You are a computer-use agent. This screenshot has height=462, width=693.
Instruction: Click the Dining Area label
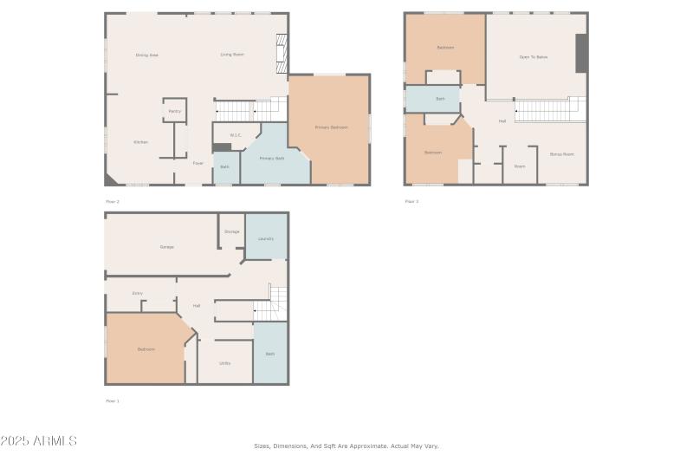[x=146, y=55]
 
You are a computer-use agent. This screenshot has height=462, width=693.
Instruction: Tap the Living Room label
[x=231, y=55]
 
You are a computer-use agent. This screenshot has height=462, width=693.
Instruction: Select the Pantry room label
[x=175, y=111]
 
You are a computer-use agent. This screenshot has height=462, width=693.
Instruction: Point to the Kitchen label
[x=140, y=142]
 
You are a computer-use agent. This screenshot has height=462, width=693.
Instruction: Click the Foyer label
[x=198, y=162]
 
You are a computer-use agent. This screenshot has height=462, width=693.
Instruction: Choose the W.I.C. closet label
[x=236, y=135]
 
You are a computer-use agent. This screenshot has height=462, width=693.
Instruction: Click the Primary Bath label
[x=272, y=159]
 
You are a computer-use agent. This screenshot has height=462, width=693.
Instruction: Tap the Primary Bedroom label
[x=331, y=127]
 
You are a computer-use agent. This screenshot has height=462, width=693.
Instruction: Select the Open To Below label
[x=534, y=56]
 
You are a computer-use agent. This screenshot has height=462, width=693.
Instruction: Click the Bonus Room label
[x=562, y=153]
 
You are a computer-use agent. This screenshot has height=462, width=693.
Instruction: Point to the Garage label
[x=166, y=247]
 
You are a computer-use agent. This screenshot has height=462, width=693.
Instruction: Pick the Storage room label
[x=231, y=231]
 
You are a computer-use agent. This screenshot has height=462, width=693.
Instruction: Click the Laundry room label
[x=266, y=238]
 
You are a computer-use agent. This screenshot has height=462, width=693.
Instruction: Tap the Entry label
[x=138, y=294]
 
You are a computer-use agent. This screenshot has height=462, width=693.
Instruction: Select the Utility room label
[x=224, y=362]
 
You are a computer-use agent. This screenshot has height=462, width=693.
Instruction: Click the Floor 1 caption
[x=113, y=400]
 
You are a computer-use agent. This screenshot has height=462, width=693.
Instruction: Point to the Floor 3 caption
[x=411, y=201]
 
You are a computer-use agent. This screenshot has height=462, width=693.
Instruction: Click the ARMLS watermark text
[x=39, y=441]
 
